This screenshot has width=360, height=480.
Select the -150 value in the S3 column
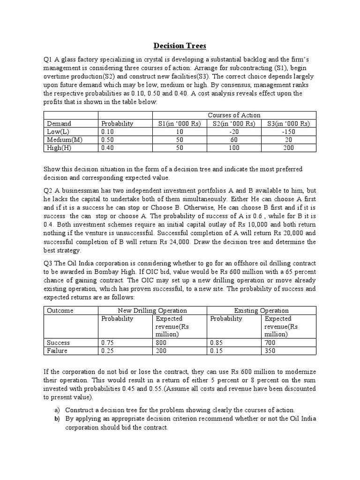point(288,131)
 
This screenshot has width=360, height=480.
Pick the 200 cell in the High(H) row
point(288,148)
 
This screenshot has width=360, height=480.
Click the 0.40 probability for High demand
point(107,148)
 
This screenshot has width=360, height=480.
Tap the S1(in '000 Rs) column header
point(179,123)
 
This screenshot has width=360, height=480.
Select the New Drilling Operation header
point(153,310)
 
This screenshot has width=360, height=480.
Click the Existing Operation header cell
point(262,310)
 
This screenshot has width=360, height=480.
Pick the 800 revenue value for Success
point(162,343)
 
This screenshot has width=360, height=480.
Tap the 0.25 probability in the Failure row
point(107,351)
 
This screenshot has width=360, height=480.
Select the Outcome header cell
point(60,310)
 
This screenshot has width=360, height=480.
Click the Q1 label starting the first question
point(48,60)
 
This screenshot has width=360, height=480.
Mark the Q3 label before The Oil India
point(48,264)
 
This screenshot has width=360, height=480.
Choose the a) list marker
point(55,409)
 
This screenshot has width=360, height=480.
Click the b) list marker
point(55,418)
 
